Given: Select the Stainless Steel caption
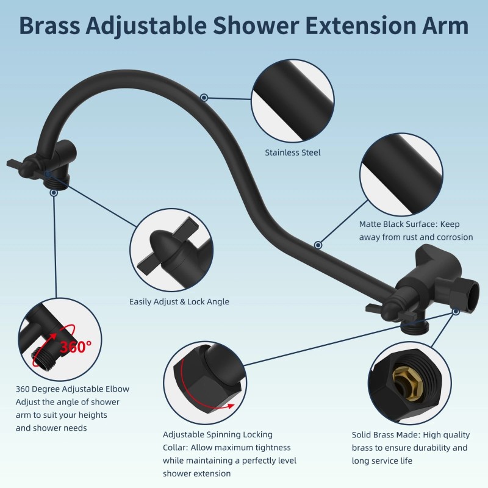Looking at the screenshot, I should (x=292, y=152).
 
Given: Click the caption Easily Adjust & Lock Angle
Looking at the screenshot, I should (x=179, y=301).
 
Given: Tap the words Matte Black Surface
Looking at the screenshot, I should (x=398, y=224).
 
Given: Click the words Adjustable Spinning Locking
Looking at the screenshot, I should (x=217, y=434).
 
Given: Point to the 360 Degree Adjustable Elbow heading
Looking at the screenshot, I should (x=73, y=389).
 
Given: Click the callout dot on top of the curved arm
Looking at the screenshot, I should (x=204, y=97).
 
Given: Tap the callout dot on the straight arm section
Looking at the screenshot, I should (x=318, y=245).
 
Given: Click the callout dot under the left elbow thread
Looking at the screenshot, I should (x=54, y=192).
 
